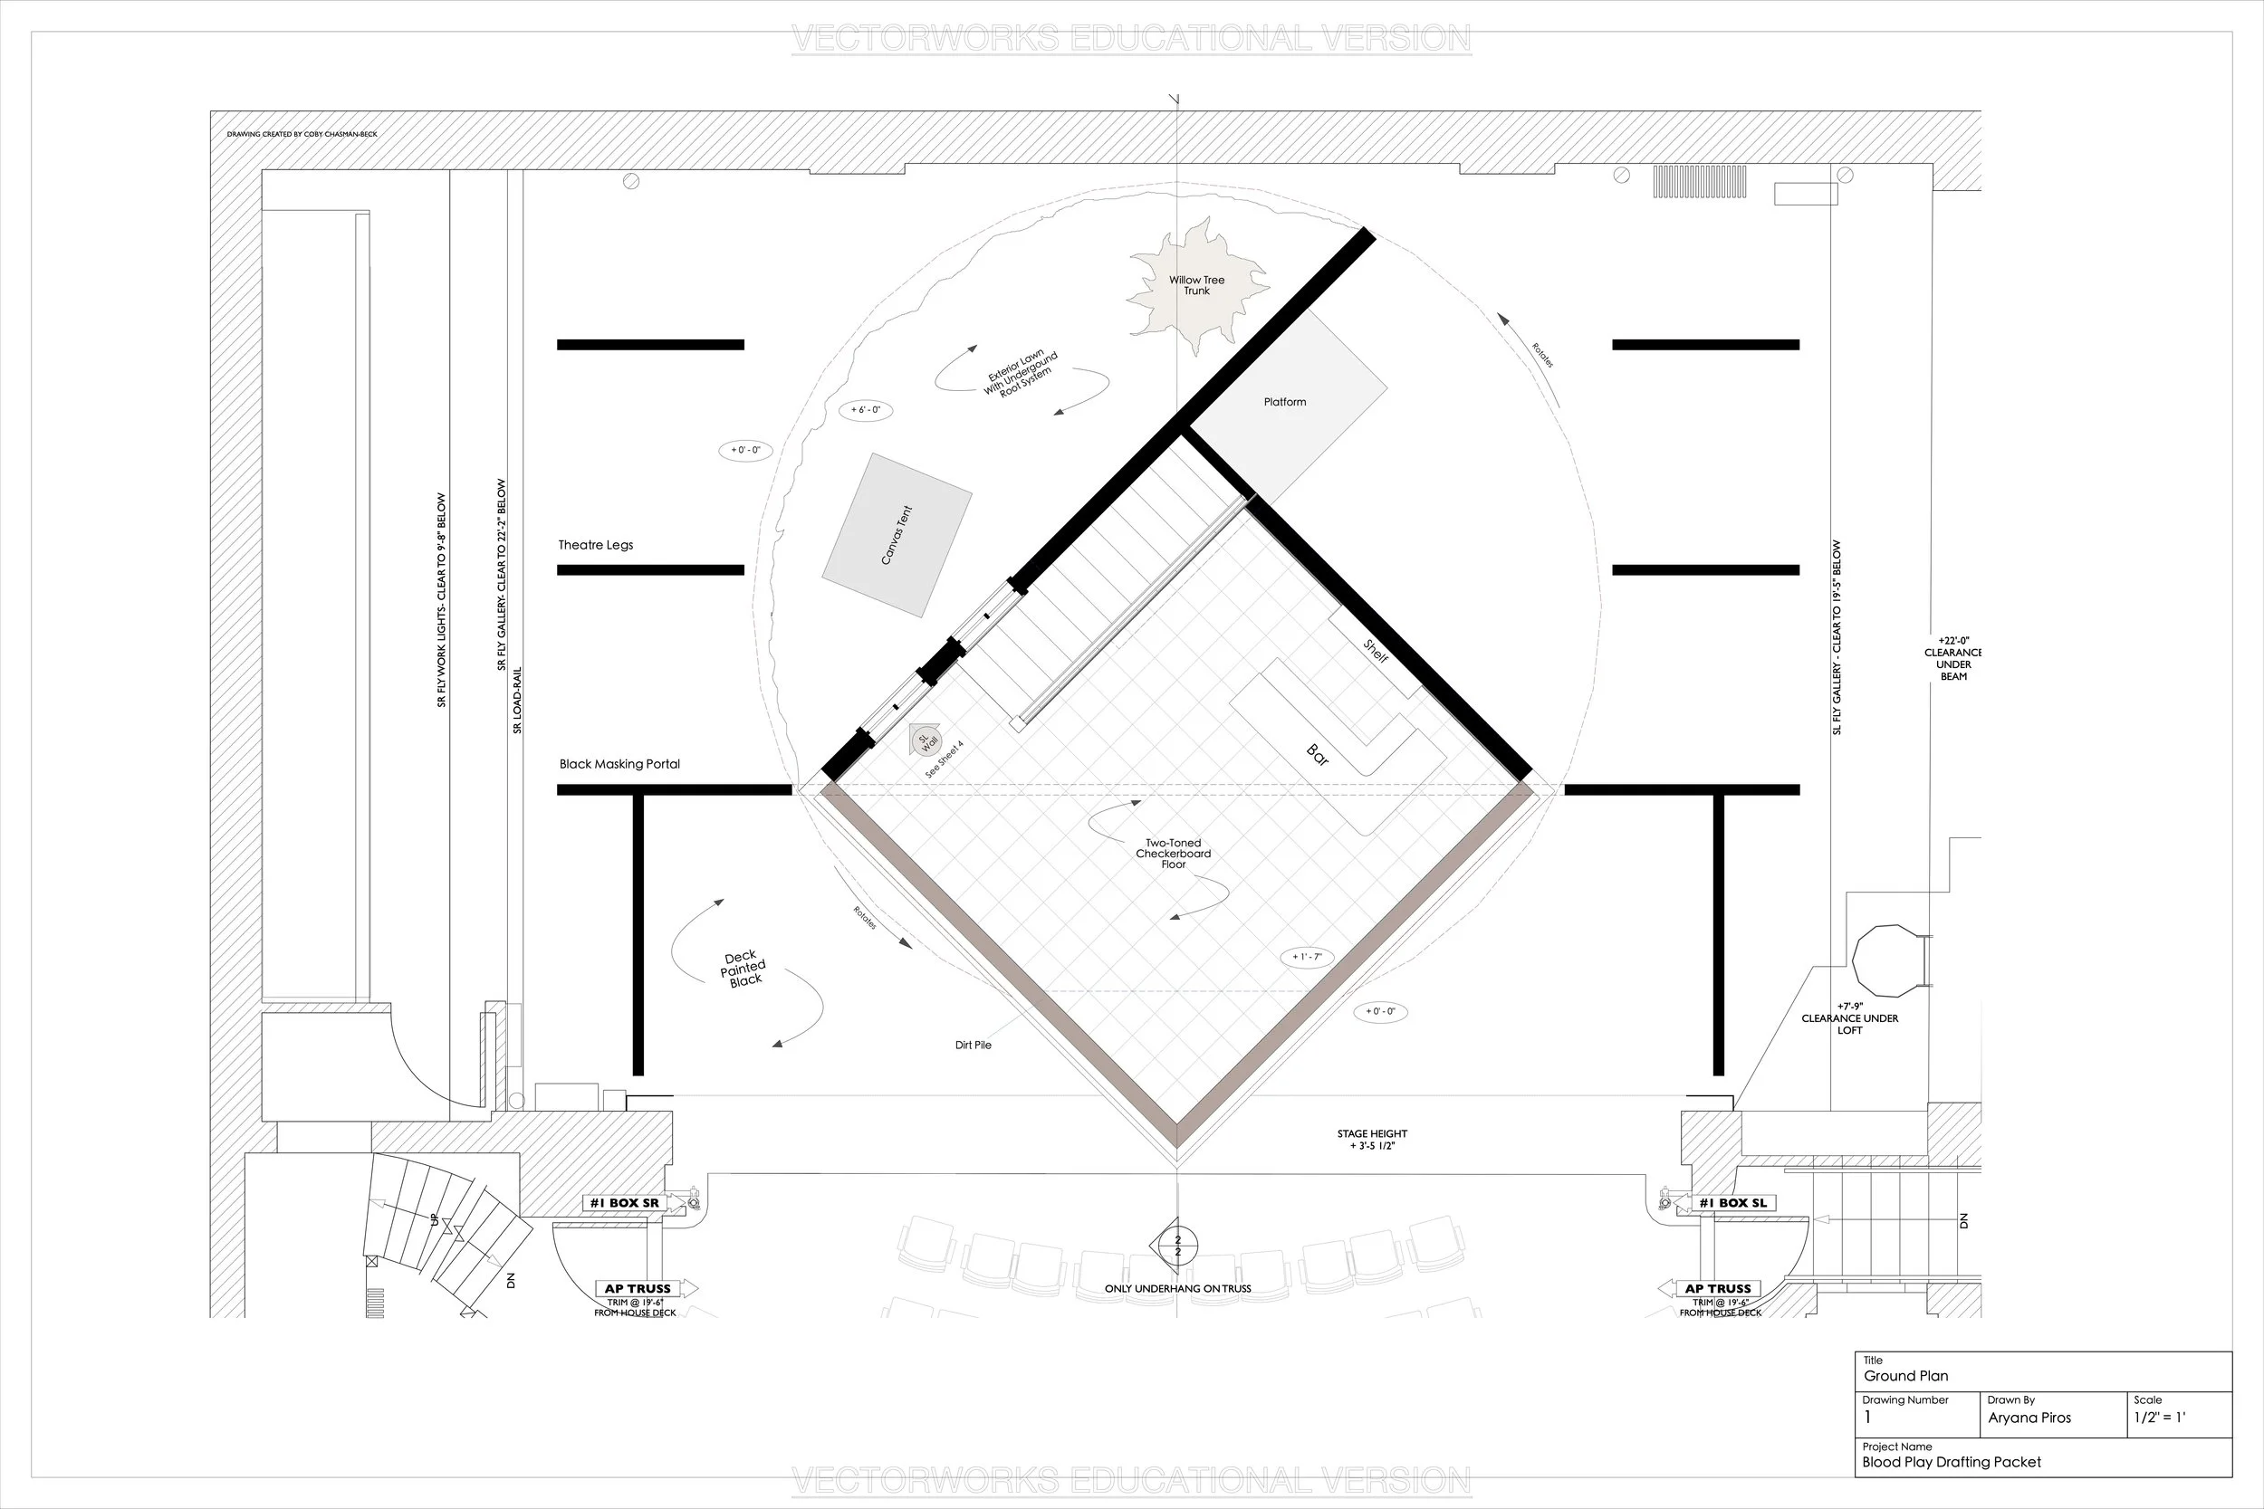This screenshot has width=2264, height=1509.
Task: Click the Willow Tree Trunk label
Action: tap(1196, 286)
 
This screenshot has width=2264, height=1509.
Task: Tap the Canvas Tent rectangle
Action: tap(897, 535)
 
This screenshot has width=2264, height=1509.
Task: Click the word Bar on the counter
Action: tap(1317, 756)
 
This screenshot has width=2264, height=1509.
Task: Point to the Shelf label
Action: tap(1376, 651)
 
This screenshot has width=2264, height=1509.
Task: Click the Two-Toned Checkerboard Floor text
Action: tap(1173, 854)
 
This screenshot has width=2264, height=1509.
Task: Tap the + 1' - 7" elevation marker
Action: tap(1306, 957)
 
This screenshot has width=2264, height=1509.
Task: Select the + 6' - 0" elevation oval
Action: tap(866, 410)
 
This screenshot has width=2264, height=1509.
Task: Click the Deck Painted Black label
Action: tap(743, 969)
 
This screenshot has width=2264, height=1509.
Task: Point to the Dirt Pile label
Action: tap(974, 1046)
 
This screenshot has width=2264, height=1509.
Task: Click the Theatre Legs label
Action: tap(596, 545)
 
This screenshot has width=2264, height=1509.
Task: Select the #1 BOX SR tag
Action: tap(625, 1203)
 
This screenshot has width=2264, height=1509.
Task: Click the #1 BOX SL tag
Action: tap(1732, 1203)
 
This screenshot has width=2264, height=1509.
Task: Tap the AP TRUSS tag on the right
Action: tap(1718, 1289)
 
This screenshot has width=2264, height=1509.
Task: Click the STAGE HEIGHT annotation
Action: tap(1372, 1140)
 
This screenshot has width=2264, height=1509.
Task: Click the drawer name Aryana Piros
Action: tap(2029, 1418)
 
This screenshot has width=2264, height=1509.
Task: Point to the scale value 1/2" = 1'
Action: tap(2159, 1418)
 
